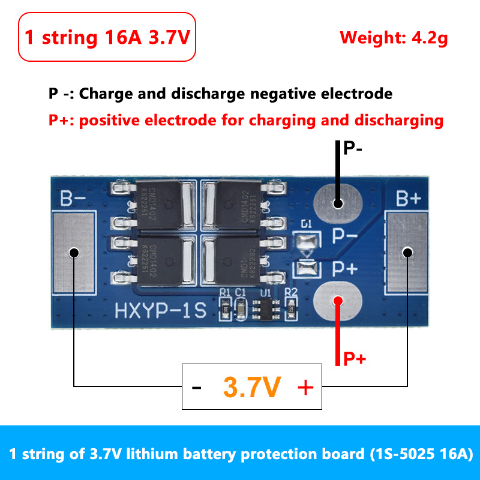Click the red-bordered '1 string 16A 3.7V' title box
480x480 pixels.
pyautogui.click(x=107, y=37)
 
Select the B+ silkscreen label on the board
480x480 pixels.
pyautogui.click(x=408, y=198)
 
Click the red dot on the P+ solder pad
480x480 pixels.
pyautogui.click(x=338, y=301)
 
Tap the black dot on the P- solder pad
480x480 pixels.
pyautogui.click(x=338, y=203)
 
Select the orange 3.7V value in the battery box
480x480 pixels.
pyautogui.click(x=251, y=387)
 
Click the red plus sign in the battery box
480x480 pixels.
pyautogui.click(x=305, y=387)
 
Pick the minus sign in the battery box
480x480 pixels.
pyautogui.click(x=197, y=388)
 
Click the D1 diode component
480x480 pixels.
pyautogui.click(x=307, y=243)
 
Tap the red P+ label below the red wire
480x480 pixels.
pyautogui.click(x=355, y=359)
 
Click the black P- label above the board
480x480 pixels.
pyautogui.click(x=352, y=148)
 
